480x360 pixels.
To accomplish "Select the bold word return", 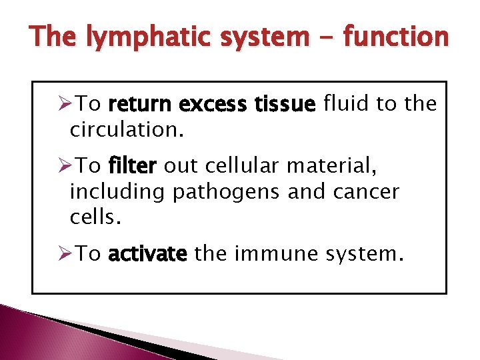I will click(138, 104).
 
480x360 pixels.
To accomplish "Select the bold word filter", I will click(132, 167).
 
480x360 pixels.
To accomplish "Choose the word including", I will click(117, 192).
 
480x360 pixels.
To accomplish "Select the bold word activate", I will click(147, 255).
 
